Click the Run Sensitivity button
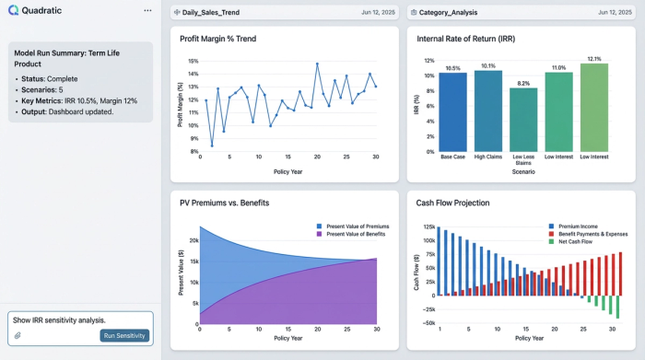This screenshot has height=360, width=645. click(x=124, y=335)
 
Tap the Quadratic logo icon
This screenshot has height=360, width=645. click(x=15, y=10)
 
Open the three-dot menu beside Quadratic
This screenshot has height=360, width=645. click(x=147, y=10)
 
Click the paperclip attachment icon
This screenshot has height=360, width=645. click(x=17, y=335)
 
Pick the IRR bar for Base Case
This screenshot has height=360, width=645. click(x=452, y=112)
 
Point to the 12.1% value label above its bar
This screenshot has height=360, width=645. click(x=593, y=58)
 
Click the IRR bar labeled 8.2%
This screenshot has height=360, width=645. click(x=523, y=120)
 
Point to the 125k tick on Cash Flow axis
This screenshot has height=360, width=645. click(x=428, y=226)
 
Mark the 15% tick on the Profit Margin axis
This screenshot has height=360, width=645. click(x=193, y=61)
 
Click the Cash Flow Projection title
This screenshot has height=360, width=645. click(x=452, y=203)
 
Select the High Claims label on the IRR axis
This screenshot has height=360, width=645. click(x=488, y=157)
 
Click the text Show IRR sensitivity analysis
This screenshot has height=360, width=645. click(x=60, y=319)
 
